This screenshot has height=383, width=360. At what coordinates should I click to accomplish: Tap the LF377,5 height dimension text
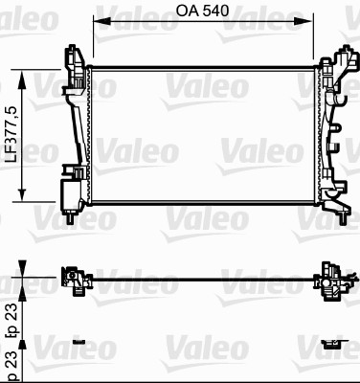click(x=11, y=134)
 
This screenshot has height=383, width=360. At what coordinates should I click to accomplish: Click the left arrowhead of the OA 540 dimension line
click(x=96, y=26)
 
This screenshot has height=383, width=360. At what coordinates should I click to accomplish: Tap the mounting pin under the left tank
click(x=73, y=217)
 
